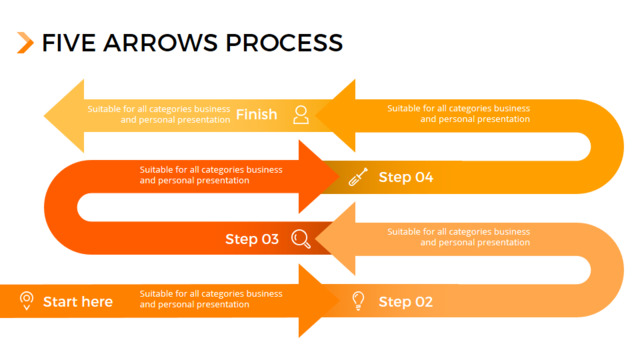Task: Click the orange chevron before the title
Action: (x=25, y=42)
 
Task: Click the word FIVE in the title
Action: (x=69, y=43)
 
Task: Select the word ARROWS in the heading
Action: (x=160, y=43)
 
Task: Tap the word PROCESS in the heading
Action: (x=284, y=43)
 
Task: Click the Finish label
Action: (x=256, y=114)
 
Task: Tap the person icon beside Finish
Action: (x=301, y=115)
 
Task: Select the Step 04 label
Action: (x=406, y=177)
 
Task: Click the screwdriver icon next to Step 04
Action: (x=358, y=177)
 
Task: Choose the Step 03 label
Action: (x=252, y=239)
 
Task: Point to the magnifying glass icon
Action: (x=301, y=239)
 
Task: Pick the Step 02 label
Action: (x=406, y=302)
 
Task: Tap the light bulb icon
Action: (x=358, y=301)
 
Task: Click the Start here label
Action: (x=78, y=302)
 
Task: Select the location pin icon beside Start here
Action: (x=27, y=301)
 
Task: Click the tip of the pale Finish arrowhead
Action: (x=44, y=116)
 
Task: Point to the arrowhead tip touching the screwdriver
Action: (x=339, y=177)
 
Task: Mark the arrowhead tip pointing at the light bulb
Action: (x=339, y=301)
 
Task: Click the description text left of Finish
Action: (x=159, y=114)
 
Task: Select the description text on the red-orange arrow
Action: (x=211, y=175)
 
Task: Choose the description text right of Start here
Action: (x=211, y=299)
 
